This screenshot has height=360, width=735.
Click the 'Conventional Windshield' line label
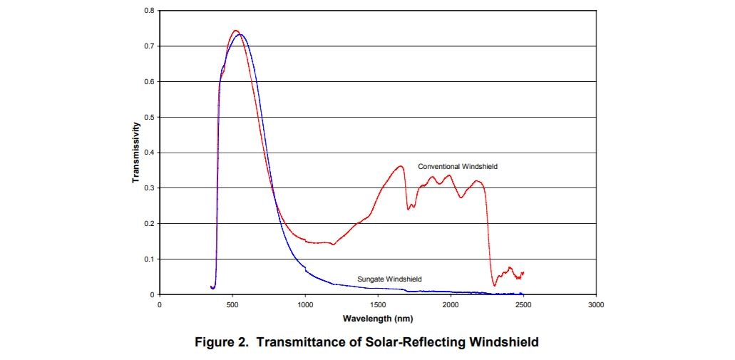pos(457,166)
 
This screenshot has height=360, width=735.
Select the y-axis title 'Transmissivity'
pos(135,153)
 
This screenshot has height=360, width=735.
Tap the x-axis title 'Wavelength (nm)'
pos(377,318)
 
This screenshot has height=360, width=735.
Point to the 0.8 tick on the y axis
pos(149,11)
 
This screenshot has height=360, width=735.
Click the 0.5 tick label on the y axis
pos(149,117)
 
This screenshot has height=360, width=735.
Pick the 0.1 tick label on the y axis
pos(149,259)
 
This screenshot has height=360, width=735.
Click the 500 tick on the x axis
pos(232,304)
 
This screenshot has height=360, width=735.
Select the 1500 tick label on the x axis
pos(378,304)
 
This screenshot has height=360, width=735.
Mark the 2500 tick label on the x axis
pos(524,304)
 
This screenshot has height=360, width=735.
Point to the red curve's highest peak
pos(235,31)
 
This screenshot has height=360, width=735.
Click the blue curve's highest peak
pos(240,34)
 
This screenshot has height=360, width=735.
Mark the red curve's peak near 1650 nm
pos(401,166)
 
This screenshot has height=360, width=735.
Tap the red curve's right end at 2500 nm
pos(523,272)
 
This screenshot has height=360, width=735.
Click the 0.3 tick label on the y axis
pos(149,188)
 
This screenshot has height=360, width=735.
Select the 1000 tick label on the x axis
pos(305,304)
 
